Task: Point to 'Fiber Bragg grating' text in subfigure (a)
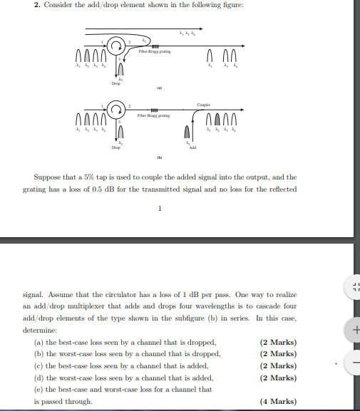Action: coord(153,52)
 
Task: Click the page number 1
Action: coord(160,209)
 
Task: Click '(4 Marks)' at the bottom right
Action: coord(279,402)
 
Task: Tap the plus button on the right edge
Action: coord(354,330)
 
